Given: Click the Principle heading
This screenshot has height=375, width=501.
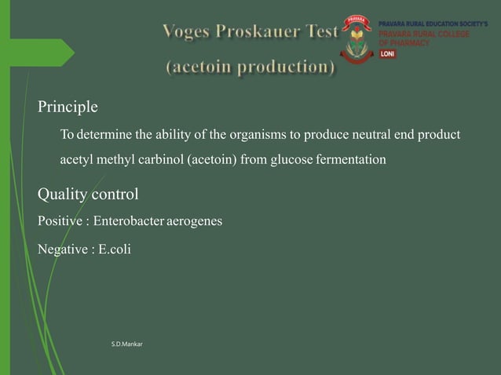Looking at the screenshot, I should [68, 106].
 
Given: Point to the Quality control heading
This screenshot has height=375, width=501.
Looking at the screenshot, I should [88, 193].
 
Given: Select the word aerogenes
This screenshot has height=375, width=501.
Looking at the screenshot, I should [194, 221].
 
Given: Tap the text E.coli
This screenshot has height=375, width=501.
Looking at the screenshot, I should [115, 249].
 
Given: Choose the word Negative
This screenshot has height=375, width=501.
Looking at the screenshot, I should [62, 249].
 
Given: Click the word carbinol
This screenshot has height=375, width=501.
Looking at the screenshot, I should [159, 160].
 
